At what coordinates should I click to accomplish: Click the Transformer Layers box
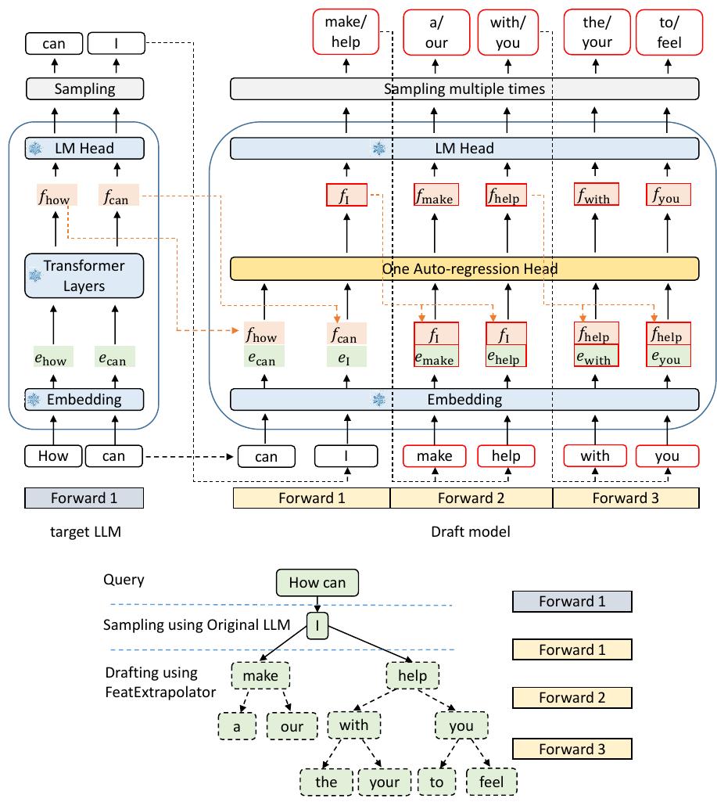84,275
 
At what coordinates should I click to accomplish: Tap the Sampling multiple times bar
464,88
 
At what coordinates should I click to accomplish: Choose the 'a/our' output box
436,32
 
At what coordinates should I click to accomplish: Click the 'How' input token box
52,455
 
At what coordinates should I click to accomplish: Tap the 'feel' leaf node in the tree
491,782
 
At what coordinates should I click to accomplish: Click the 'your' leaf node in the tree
384,782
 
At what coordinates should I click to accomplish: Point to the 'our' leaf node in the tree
292,725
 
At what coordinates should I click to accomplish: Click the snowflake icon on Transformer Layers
35,275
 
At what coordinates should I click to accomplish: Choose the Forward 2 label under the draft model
471,498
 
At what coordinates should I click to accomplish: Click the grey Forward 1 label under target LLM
84,498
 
